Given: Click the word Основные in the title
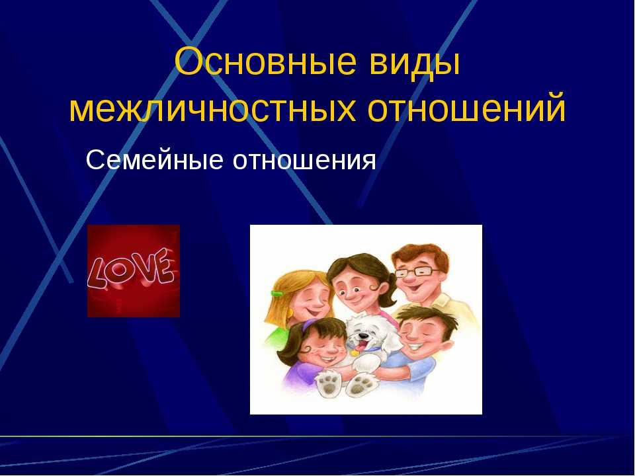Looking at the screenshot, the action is [266, 62].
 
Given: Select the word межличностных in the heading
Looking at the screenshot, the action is [212, 108].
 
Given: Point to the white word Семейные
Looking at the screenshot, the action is [154, 159].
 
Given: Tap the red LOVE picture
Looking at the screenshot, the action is [134, 271].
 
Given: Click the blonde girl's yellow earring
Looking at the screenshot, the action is [292, 314].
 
